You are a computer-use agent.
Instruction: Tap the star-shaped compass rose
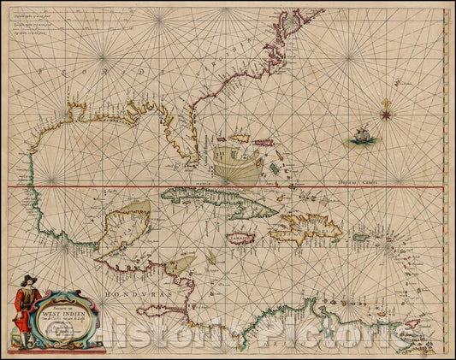pos(385,107)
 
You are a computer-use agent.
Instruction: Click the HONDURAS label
pos(127,293)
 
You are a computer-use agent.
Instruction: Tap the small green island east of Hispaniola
pos(360,237)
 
